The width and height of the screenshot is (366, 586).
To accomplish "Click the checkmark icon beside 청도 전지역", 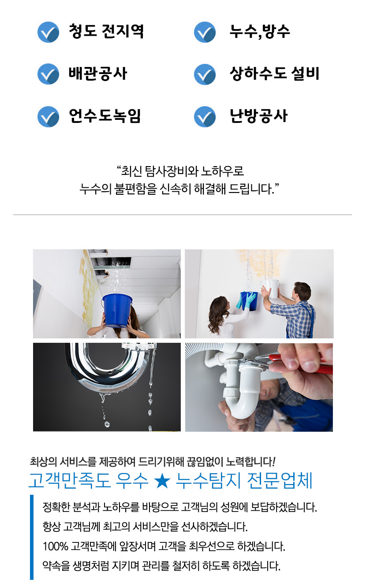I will pos(48,32).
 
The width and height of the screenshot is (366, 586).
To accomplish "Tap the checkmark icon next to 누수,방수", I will pos(205,32).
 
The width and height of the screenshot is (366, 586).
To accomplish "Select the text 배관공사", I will pos(98,74).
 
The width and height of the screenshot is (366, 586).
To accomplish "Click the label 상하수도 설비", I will pos(274,74).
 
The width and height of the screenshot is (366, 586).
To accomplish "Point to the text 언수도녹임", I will pos(105,116).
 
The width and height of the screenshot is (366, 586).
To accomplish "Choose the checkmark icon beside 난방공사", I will pos(205,117).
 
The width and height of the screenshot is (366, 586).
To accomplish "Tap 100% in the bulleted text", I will pos(55,547).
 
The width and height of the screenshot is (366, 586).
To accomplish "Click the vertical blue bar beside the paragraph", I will pos(32,537).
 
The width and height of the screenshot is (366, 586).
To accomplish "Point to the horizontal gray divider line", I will pos(183,215).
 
